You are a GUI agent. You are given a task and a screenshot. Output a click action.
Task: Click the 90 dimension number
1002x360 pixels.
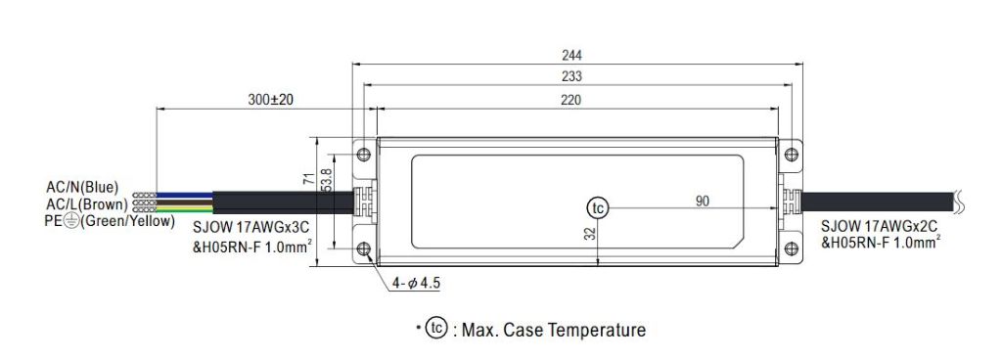pyautogui.click(x=703, y=202)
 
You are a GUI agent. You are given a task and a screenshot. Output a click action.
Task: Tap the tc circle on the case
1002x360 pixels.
pyautogui.click(x=597, y=207)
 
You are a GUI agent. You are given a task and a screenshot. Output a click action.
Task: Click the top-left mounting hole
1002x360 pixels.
pyautogui.click(x=364, y=155)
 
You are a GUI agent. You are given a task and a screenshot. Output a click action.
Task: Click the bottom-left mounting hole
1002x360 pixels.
pyautogui.click(x=364, y=249)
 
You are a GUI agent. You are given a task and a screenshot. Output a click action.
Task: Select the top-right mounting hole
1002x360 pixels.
pyautogui.click(x=790, y=155)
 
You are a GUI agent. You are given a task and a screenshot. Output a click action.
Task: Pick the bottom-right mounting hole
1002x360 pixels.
pyautogui.click(x=790, y=249)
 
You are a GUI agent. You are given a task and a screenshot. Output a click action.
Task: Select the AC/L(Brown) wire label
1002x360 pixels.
pyautogui.click(x=85, y=203)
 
